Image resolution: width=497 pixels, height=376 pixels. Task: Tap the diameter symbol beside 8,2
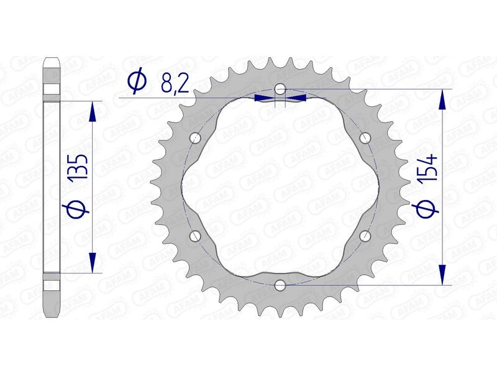click(x=137, y=80)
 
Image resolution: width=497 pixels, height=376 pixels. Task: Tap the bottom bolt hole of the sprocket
click(x=280, y=285)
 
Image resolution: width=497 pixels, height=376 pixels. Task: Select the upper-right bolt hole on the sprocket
click(x=365, y=137)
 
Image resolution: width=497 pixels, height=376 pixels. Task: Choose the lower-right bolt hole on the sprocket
click(x=365, y=236)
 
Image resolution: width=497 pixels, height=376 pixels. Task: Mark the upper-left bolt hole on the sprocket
click(x=194, y=137)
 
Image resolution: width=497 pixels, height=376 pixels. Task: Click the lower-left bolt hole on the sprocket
click(x=194, y=236)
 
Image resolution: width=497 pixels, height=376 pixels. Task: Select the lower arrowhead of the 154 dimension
click(x=442, y=273)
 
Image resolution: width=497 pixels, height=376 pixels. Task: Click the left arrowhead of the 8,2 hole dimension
click(x=264, y=97)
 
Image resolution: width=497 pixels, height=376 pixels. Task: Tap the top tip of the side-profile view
click(x=52, y=59)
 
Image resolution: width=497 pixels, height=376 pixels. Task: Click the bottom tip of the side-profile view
click(x=52, y=315)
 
